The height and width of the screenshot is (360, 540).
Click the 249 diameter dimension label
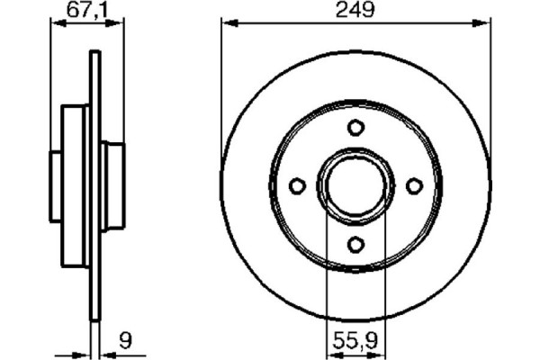pyautogui.click(x=355, y=10)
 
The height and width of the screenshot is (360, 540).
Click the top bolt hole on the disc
pyautogui.click(x=355, y=127)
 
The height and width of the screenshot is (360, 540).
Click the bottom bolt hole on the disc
pyautogui.click(x=355, y=243)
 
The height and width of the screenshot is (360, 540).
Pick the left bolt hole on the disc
pyautogui.click(x=297, y=185)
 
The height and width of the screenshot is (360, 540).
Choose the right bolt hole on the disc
pyautogui.click(x=414, y=185)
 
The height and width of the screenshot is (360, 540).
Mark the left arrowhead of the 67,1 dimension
pyautogui.click(x=52, y=24)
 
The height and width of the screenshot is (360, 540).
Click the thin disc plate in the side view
pyautogui.click(x=94, y=270)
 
